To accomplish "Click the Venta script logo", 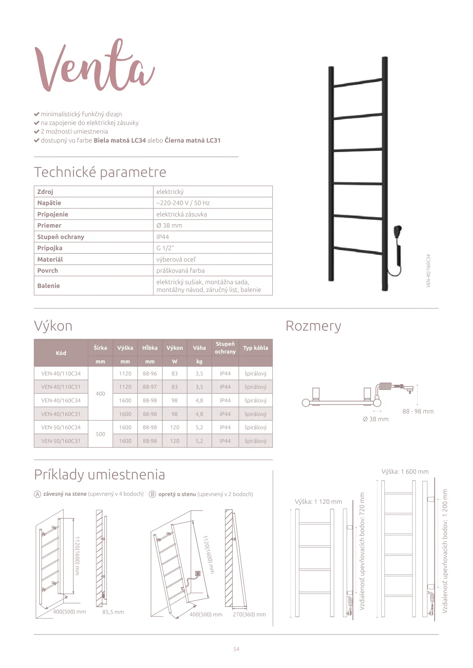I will (94, 66).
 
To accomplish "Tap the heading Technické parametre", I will (100, 172).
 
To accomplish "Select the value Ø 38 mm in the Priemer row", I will (169, 225).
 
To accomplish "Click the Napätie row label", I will (49, 203).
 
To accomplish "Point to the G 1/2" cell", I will (165, 248).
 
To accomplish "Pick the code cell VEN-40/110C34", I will (61, 374).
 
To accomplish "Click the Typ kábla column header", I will (256, 348).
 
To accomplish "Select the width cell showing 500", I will (100, 434).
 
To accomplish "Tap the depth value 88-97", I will (150, 387).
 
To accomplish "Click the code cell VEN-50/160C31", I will (61, 441).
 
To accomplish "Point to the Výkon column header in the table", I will (174, 348).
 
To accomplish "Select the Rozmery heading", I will (313, 326).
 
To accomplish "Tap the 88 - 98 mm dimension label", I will (418, 411).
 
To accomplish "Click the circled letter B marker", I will (152, 494).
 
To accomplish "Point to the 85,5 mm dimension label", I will (113, 612).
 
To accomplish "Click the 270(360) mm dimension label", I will (249, 614).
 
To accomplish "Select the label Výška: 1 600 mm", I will (405, 472).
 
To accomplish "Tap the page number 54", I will (236, 649).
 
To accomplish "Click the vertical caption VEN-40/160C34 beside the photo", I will (428, 271).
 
